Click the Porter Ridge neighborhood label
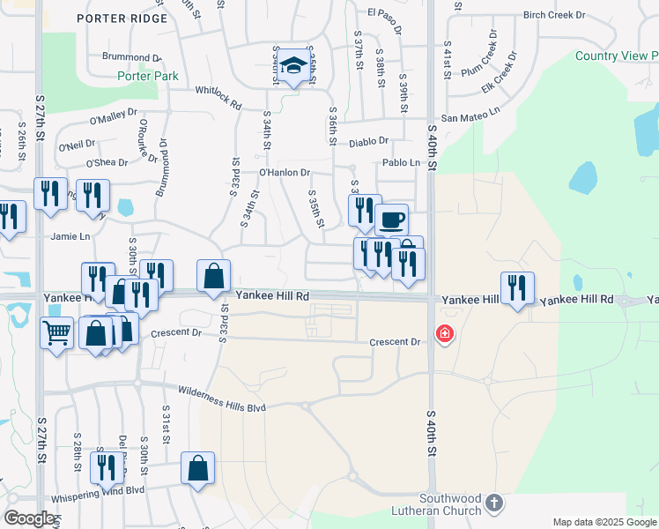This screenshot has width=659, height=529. (x=122, y=19)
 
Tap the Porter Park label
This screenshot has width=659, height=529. (x=148, y=76)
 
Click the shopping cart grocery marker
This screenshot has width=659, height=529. (x=56, y=333)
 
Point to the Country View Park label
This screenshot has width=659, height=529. (x=616, y=56)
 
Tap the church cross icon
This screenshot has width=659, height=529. (x=494, y=503)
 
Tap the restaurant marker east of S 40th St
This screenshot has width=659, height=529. (x=517, y=287)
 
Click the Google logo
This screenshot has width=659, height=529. (x=29, y=518)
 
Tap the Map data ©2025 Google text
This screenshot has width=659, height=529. (x=603, y=522)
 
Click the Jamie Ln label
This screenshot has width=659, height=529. (x=71, y=236)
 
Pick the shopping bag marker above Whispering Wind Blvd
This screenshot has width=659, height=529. (x=197, y=468)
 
